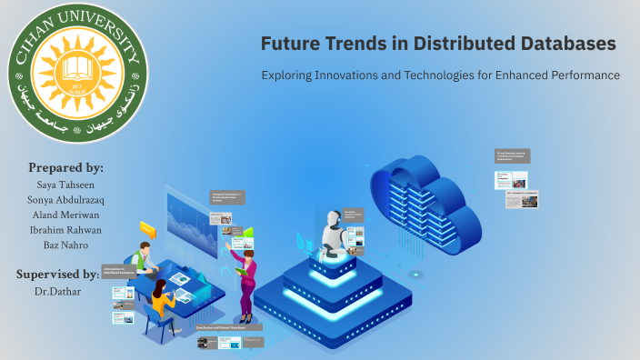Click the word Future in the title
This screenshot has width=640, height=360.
tap(289, 44)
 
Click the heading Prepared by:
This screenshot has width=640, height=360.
tap(65, 168)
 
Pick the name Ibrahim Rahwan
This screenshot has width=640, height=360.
tap(65, 231)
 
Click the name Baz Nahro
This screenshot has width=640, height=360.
tap(65, 245)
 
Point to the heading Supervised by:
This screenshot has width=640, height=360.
tap(57, 274)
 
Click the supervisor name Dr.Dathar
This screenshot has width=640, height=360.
tap(57, 291)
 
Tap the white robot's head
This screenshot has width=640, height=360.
tap(329, 218)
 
